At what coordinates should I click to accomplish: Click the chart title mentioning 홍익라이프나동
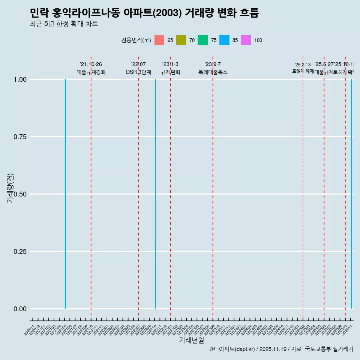click(144, 13)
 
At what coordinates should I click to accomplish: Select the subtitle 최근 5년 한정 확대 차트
click(64, 24)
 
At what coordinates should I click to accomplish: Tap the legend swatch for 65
click(159, 40)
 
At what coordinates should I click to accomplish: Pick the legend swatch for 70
click(181, 40)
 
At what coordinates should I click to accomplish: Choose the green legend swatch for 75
click(203, 40)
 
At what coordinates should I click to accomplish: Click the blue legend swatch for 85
click(224, 40)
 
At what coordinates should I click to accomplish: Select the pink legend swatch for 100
click(246, 40)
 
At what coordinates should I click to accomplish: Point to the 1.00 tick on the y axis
click(20, 79)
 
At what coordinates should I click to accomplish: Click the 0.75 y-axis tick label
click(20, 137)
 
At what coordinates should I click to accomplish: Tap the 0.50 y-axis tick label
click(20, 194)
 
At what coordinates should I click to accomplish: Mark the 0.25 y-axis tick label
click(20, 252)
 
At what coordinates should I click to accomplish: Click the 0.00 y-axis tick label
click(20, 309)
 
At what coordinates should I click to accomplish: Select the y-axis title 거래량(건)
click(10, 188)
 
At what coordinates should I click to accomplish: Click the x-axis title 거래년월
click(191, 340)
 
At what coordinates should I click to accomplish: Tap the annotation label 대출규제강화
click(91, 72)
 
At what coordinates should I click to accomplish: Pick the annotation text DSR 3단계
click(138, 72)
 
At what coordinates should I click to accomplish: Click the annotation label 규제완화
click(171, 72)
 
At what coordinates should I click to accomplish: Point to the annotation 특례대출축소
click(213, 72)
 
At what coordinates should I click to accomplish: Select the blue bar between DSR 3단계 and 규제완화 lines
click(156, 195)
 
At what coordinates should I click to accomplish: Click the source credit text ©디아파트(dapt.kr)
click(232, 349)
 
